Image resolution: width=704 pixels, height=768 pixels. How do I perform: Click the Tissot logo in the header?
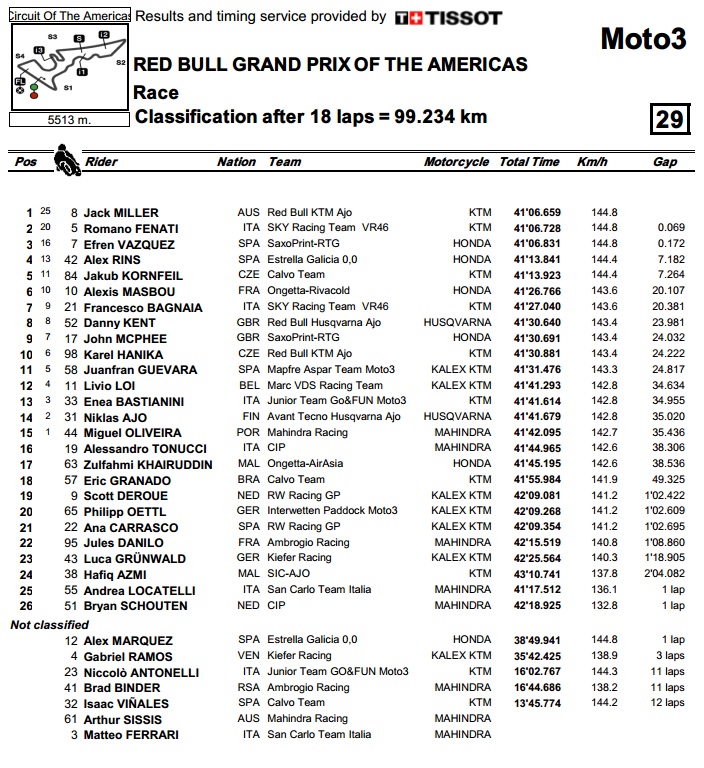(x=448, y=17)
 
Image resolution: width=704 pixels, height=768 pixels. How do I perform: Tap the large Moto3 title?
(x=643, y=39)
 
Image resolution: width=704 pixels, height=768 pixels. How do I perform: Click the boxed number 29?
(x=669, y=119)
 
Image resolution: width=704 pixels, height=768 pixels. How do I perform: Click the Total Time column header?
(x=529, y=162)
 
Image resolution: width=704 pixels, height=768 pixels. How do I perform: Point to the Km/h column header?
(x=592, y=162)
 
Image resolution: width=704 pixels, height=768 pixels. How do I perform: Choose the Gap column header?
(x=665, y=162)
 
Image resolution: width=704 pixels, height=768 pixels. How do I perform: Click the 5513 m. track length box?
(x=68, y=119)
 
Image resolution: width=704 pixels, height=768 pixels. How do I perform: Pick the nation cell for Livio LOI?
(x=248, y=385)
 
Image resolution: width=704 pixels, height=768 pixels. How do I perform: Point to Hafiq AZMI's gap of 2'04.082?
(x=663, y=574)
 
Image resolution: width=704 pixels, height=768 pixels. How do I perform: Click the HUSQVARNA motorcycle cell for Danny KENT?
(x=458, y=322)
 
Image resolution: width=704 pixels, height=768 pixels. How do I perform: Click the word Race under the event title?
(x=156, y=93)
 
